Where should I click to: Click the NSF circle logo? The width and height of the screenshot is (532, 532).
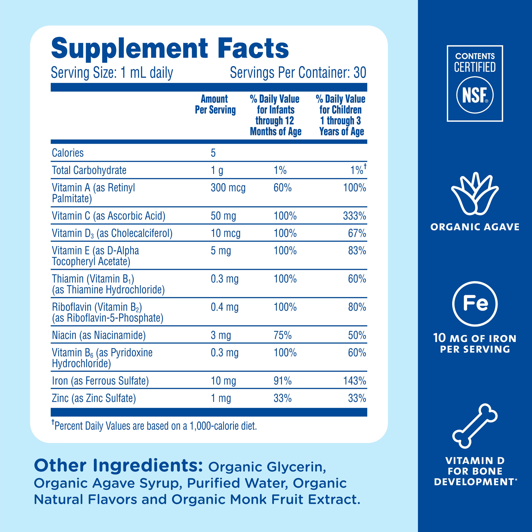[x=475, y=95]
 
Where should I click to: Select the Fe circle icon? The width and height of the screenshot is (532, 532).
[x=475, y=304]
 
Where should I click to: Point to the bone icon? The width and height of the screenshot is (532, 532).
[x=475, y=425]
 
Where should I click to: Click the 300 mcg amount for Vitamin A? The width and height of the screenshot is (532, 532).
[x=228, y=188]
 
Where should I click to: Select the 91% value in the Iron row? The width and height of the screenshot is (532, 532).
[x=282, y=381]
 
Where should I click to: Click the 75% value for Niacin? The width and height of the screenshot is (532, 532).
[x=282, y=335]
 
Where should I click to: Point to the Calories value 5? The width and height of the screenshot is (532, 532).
[x=213, y=153]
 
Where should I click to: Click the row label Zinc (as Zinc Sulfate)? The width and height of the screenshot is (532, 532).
[x=94, y=398]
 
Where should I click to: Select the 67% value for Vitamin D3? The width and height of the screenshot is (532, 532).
[x=357, y=233]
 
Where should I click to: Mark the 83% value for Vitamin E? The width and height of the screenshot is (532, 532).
[x=357, y=251]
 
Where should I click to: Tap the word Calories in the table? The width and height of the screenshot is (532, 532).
[x=68, y=153]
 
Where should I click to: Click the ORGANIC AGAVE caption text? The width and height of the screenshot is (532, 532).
[x=475, y=227]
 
